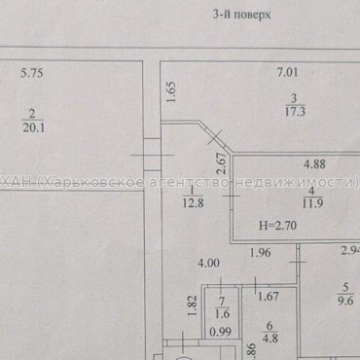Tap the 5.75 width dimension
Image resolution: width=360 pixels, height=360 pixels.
tap(33, 72)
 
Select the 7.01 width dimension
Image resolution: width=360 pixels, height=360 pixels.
tap(286, 72)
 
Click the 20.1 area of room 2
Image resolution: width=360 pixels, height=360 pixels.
tap(34, 122)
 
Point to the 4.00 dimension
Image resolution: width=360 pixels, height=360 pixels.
tap(209, 263)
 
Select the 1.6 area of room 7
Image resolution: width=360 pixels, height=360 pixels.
tap(222, 314)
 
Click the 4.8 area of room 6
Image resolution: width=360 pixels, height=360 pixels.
tap(272, 339)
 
